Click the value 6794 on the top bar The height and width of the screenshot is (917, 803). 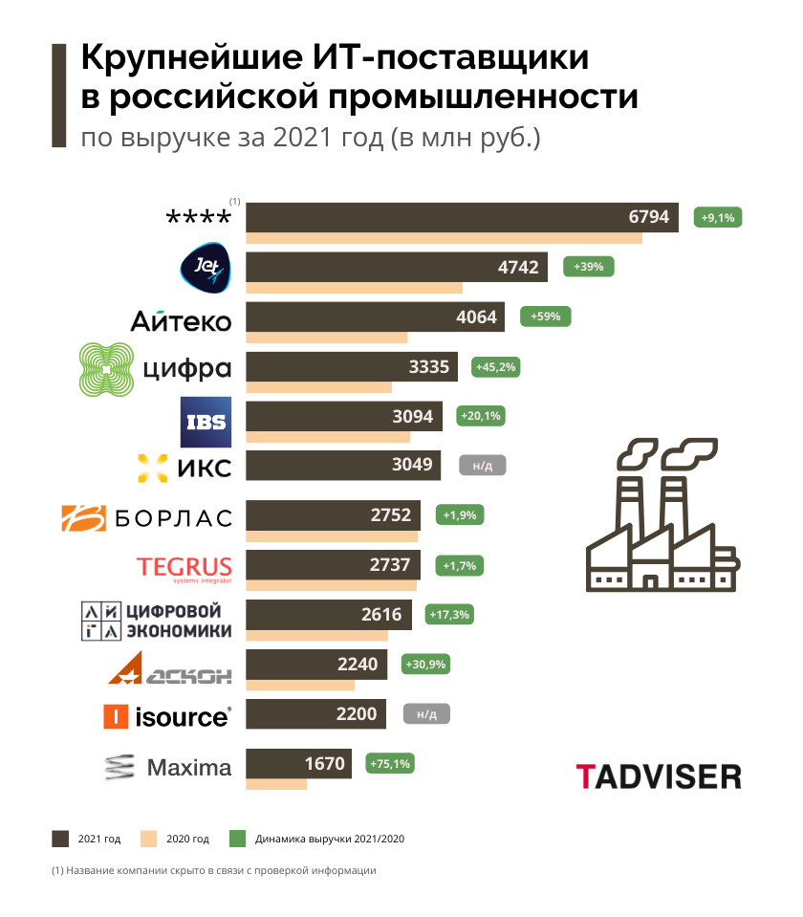tap(648, 217)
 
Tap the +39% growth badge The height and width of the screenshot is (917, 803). tap(588, 267)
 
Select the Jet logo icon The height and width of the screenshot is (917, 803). tap(205, 267)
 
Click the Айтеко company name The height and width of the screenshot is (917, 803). tap(181, 320)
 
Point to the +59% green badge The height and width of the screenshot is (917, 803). tap(545, 317)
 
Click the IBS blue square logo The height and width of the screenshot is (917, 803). tap(206, 420)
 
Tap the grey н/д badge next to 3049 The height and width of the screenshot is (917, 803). tap(482, 466)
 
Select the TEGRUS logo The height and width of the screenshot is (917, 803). tap(184, 567)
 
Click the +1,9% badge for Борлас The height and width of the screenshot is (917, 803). tap(460, 515)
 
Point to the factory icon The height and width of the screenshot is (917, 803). tap(662, 516)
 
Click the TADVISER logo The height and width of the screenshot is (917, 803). tap(659, 775)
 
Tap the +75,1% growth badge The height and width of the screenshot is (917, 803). tap(391, 764)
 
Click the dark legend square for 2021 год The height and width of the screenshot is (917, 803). tap(60, 839)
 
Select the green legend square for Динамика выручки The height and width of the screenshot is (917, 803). tap(238, 839)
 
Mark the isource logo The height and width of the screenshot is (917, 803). tap(168, 716)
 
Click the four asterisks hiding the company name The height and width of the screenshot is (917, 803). tap(199, 218)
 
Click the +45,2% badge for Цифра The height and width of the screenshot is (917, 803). tap(497, 366)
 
